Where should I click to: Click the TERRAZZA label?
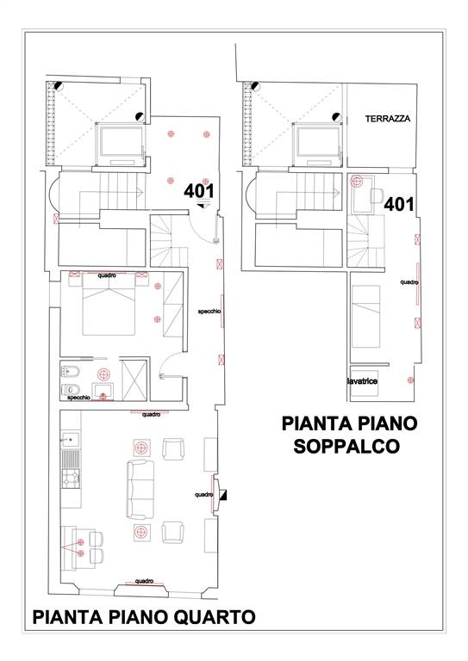(x=387, y=119)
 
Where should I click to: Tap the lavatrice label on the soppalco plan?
(x=363, y=381)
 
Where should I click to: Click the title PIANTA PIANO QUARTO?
(x=144, y=617)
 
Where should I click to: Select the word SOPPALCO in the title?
(x=346, y=447)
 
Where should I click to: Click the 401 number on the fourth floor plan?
(x=199, y=191)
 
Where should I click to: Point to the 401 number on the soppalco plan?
(x=399, y=205)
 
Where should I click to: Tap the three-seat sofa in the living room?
(x=140, y=490)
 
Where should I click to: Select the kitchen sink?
(x=71, y=439)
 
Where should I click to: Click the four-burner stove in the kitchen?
(x=71, y=478)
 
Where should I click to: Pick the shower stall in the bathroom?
(x=134, y=380)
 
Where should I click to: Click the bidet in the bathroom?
(x=68, y=372)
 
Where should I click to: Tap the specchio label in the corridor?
(x=209, y=312)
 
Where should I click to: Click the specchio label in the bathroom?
(x=79, y=398)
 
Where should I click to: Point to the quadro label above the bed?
(x=107, y=275)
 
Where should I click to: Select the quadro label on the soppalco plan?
(x=409, y=282)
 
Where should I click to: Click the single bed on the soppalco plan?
(x=365, y=317)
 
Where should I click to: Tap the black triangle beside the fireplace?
(x=224, y=495)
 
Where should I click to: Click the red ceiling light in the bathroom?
(x=103, y=374)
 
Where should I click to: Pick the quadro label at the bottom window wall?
(x=144, y=581)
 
